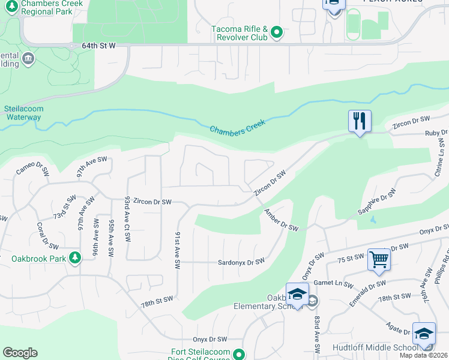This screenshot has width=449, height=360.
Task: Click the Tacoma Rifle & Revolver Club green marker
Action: click(276, 32)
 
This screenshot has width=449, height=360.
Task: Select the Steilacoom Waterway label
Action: click(23, 113)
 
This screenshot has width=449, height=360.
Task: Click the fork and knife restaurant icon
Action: click(360, 121)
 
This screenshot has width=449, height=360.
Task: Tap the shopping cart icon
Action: click(379, 260)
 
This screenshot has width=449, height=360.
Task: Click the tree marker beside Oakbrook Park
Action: click(75, 259)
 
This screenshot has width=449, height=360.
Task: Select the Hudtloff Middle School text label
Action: click(384, 348)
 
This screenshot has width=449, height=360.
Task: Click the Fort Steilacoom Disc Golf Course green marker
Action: click(240, 354)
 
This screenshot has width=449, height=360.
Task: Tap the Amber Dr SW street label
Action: click(280, 220)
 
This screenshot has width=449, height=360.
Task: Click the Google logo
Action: click(20, 353)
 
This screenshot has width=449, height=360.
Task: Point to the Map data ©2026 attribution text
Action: click(424, 356)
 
